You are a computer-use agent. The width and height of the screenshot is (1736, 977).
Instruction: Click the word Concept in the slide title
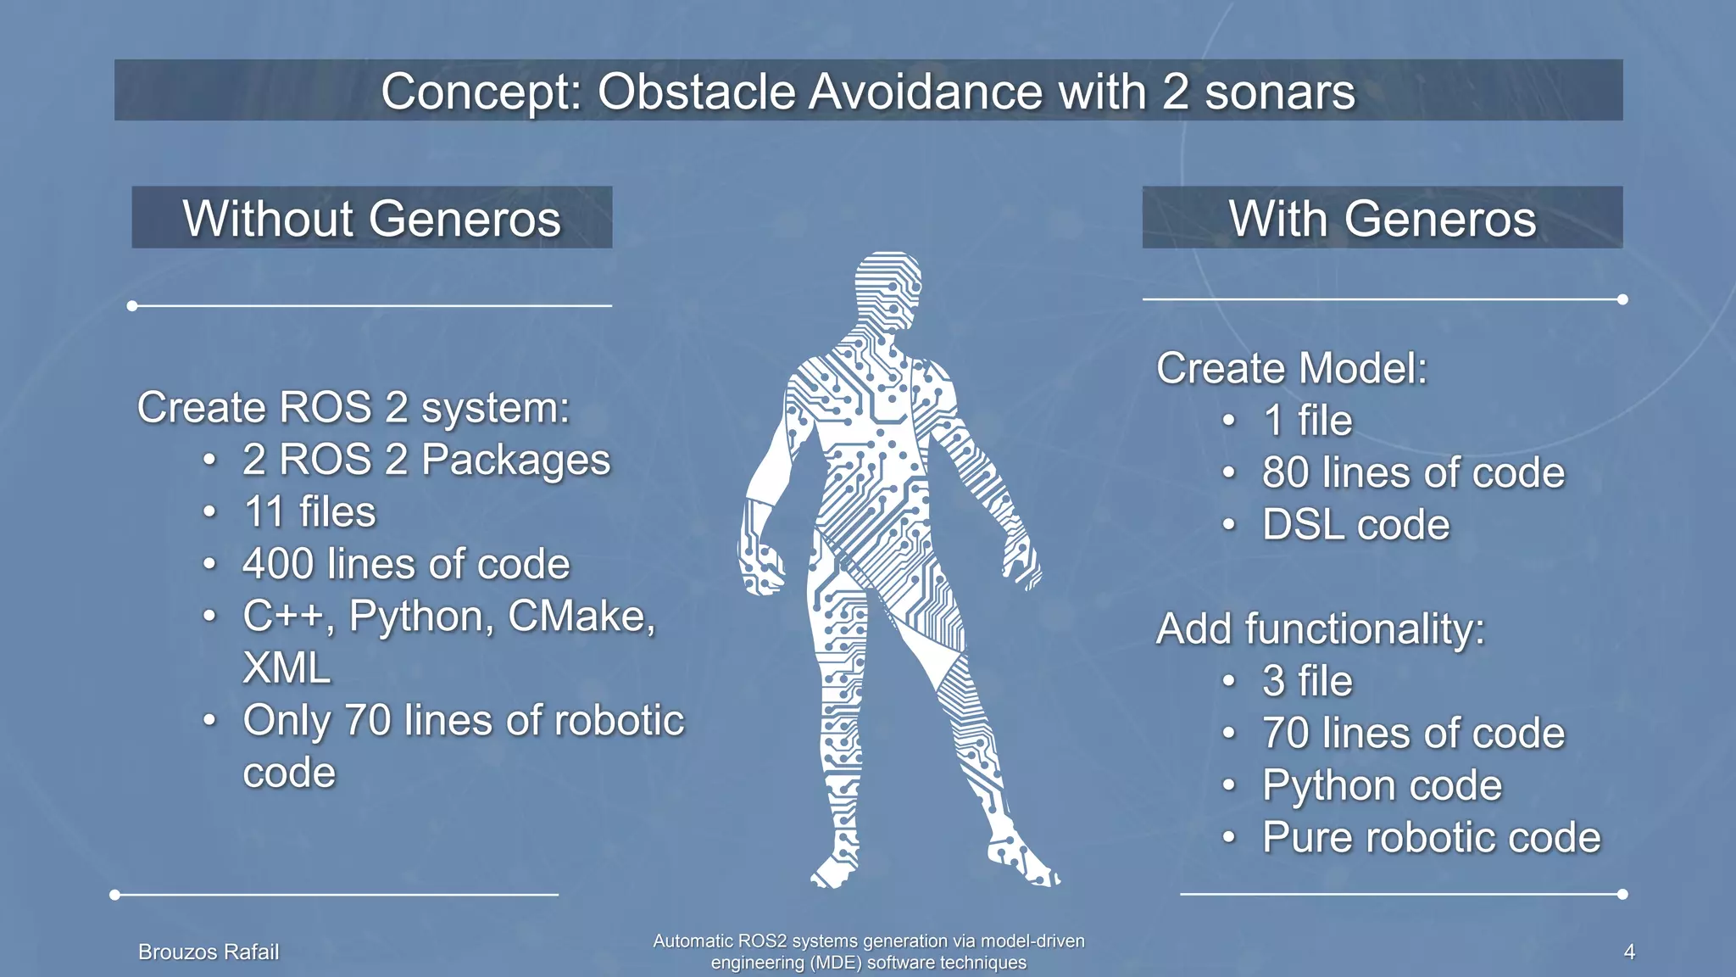coord(481,92)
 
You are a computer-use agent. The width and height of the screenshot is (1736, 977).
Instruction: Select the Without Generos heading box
coord(371,218)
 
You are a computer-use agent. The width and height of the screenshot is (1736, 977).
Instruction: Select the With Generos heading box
coord(1382,218)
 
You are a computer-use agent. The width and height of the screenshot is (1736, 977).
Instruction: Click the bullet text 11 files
coord(309,512)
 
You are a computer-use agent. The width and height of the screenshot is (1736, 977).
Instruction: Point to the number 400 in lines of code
coord(277,564)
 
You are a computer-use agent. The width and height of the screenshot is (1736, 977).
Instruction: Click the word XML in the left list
coord(287,668)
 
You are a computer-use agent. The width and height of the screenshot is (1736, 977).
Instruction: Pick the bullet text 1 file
coord(1307,421)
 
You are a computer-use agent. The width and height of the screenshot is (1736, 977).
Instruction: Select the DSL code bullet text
coord(1355,525)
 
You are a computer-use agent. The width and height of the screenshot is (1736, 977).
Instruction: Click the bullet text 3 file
coord(1307,681)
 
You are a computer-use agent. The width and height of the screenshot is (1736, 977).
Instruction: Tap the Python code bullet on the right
coord(1382,785)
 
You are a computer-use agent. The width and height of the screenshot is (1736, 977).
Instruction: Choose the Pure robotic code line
coord(1431,838)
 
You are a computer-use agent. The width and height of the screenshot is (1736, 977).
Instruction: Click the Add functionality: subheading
coord(1320,629)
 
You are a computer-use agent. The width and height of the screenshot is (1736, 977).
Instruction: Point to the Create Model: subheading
coord(1292,369)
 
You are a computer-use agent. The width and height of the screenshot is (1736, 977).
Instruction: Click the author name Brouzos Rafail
coord(209,952)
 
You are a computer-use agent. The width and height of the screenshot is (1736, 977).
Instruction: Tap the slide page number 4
coord(1628,952)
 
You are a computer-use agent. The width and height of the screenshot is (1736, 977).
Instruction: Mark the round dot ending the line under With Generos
coord(1622,299)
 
